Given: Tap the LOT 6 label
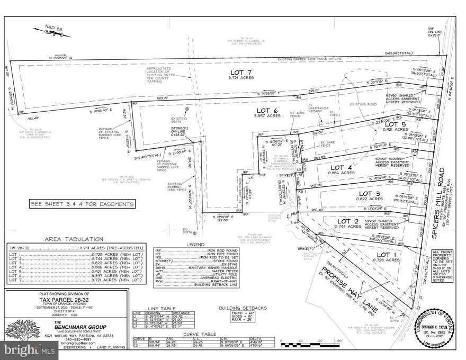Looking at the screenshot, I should [266, 110].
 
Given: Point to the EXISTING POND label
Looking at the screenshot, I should [364, 104].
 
